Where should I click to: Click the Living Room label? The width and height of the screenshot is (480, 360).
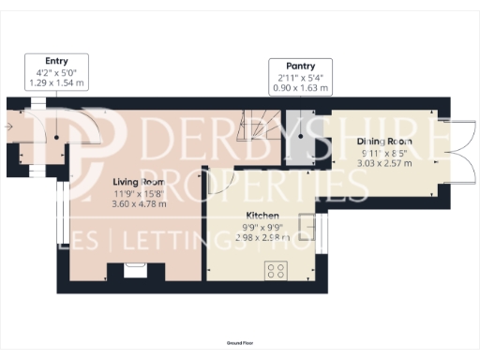coord(139,182)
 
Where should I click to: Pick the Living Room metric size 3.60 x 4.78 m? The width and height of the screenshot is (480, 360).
coord(139,203)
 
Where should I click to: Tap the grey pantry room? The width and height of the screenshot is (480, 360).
coord(299,141)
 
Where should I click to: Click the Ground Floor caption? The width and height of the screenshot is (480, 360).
coord(240,344)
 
